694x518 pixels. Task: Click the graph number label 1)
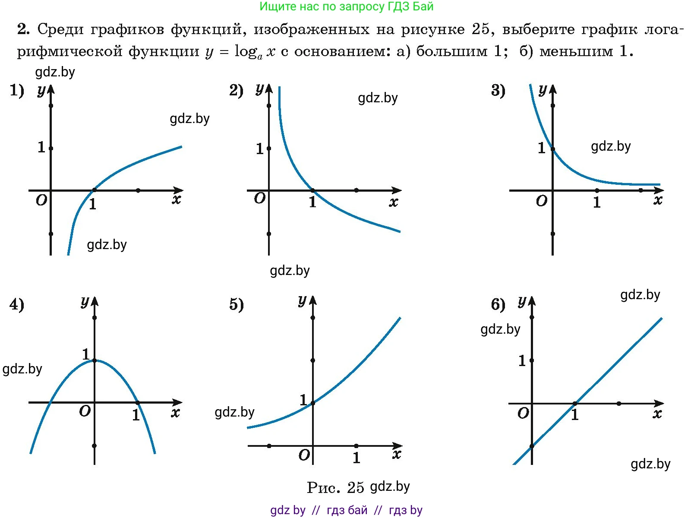(x=17, y=91)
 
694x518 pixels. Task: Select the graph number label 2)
(x=236, y=91)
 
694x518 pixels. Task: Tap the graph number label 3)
(x=498, y=91)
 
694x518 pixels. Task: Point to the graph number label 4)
(x=17, y=305)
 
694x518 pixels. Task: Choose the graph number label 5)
(x=236, y=305)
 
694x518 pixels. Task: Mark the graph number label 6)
(x=498, y=305)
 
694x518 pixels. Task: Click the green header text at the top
(x=346, y=6)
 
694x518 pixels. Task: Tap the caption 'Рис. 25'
(x=335, y=488)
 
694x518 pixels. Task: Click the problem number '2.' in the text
(x=23, y=29)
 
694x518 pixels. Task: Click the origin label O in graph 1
(x=41, y=200)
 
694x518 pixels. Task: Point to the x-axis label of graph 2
(x=393, y=202)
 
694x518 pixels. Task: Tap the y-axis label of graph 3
(x=543, y=90)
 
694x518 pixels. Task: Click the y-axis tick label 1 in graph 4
(x=86, y=354)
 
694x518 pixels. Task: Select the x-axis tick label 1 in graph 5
(x=356, y=458)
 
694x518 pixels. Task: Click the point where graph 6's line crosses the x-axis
(x=575, y=404)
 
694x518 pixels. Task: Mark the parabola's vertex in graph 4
(x=95, y=360)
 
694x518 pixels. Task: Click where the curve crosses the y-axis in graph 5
(x=313, y=403)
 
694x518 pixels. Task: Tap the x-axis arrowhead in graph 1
(x=179, y=190)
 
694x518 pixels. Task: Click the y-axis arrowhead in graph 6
(x=532, y=300)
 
